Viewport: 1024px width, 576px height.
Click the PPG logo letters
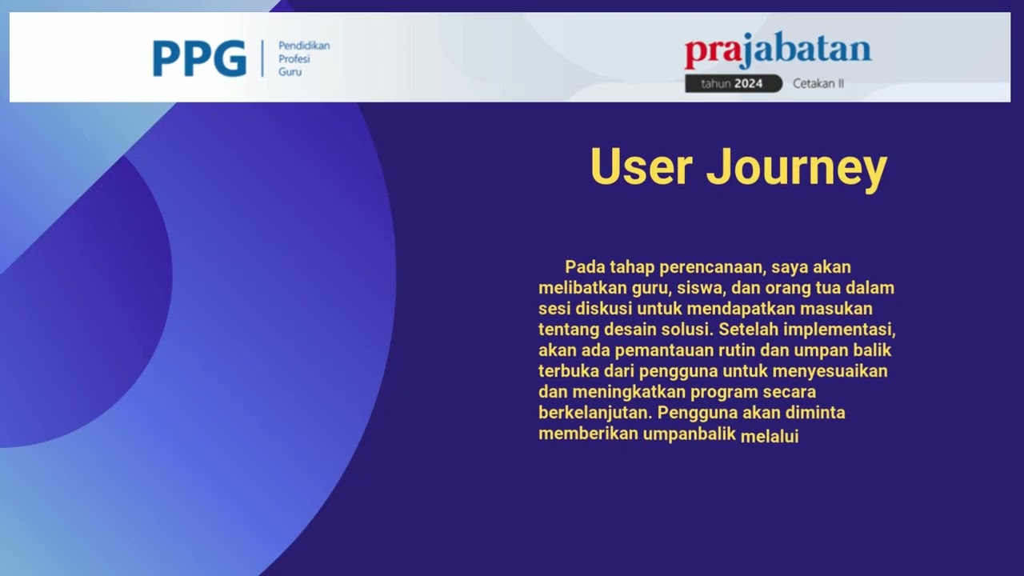point(199,58)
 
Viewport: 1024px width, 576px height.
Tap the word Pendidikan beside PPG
point(304,46)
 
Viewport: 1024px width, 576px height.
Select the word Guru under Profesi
point(290,72)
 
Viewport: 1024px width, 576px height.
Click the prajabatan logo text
point(777,51)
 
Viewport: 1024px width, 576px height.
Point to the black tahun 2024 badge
point(733,83)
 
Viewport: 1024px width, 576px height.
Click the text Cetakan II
point(818,83)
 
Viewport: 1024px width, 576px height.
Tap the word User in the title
point(641,166)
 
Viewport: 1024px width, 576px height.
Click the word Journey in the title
point(797,168)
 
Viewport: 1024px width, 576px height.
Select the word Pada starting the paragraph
point(585,267)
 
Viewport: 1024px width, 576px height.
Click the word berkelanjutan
point(594,414)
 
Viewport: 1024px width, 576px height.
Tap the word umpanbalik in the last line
point(690,434)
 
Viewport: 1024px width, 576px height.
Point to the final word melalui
point(770,436)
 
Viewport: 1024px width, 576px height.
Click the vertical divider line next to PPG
point(262,58)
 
